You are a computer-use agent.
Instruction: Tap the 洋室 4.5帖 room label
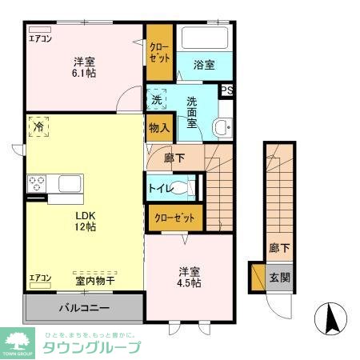point(190,276)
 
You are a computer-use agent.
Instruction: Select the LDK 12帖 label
point(86,221)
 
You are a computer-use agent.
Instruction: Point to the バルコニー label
point(83,307)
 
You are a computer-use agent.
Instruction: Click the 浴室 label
point(204,65)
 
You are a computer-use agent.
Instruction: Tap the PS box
point(226,90)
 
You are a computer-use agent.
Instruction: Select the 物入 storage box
point(158,128)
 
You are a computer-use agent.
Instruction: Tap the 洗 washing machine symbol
point(158,101)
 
